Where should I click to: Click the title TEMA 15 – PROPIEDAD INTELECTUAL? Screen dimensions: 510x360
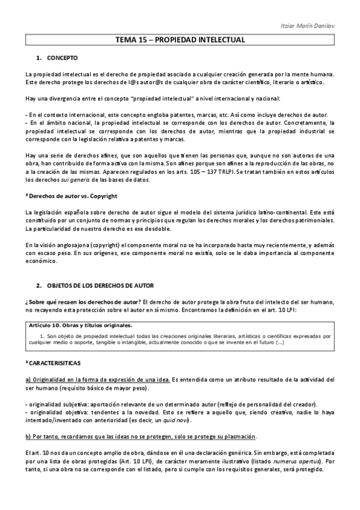180,40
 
